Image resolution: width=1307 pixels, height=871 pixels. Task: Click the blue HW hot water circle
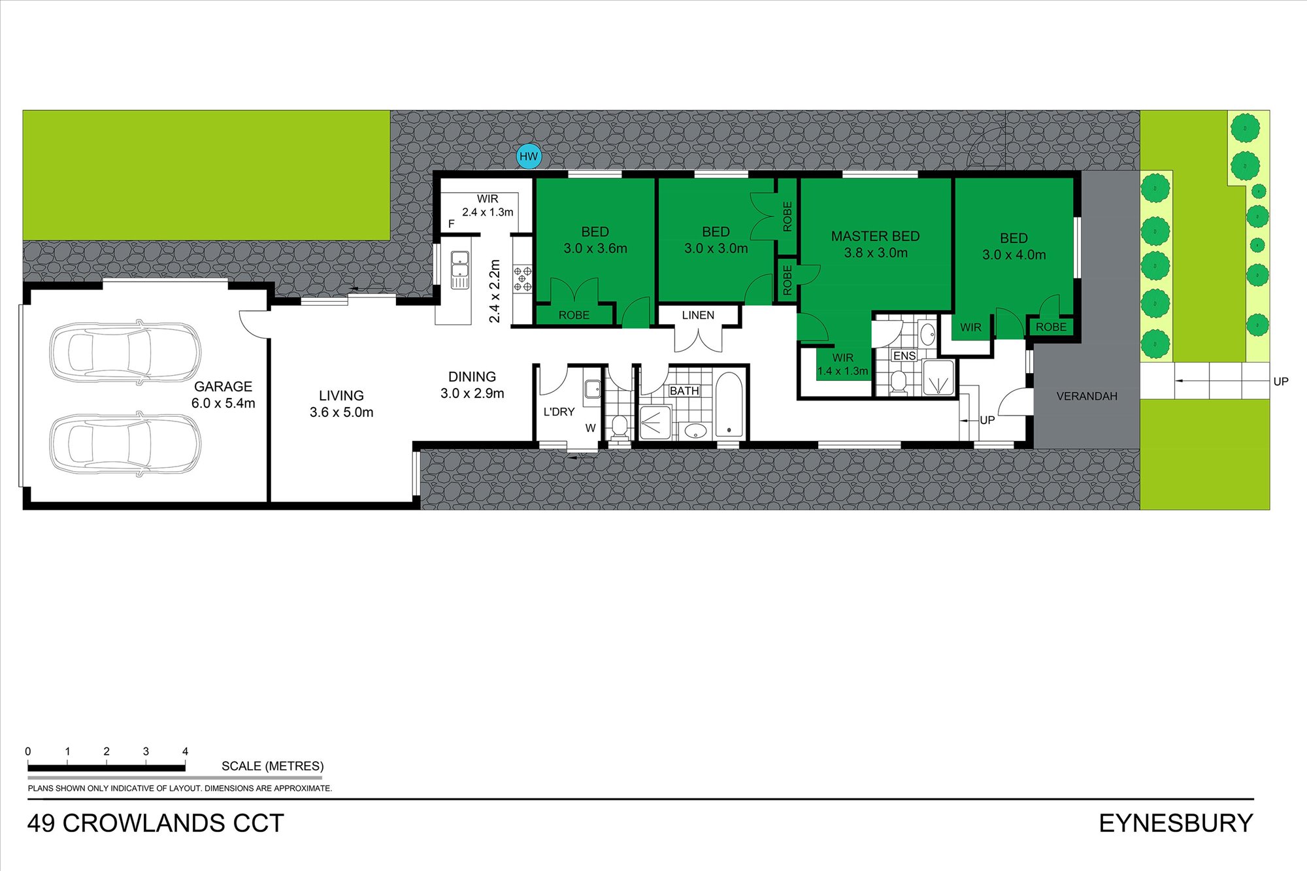(529, 157)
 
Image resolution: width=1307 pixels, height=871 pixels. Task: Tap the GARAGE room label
(223, 387)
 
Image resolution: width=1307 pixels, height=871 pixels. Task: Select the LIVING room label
(341, 396)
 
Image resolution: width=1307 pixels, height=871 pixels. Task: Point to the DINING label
(472, 377)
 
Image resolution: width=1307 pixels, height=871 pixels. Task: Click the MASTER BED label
(875, 237)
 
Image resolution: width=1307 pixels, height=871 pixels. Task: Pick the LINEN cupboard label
(698, 316)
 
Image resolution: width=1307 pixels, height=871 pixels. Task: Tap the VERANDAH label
(1087, 397)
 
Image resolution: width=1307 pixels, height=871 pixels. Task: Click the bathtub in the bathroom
(729, 404)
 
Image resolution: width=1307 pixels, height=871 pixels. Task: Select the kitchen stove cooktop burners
(523, 278)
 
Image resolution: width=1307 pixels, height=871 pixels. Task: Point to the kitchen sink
(460, 270)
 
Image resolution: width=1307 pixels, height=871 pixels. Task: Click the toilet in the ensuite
(899, 382)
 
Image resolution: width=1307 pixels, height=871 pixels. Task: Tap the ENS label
(904, 356)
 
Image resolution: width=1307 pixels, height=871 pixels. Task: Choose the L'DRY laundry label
(559, 412)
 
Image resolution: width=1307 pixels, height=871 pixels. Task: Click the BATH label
(684, 391)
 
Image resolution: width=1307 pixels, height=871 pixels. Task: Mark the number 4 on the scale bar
(185, 752)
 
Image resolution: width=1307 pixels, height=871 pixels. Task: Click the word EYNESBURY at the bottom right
(1176, 823)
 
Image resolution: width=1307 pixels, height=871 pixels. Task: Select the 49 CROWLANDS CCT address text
(156, 823)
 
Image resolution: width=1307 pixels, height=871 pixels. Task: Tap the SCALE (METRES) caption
(273, 766)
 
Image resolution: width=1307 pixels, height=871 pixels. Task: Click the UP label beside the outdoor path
(1280, 382)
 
